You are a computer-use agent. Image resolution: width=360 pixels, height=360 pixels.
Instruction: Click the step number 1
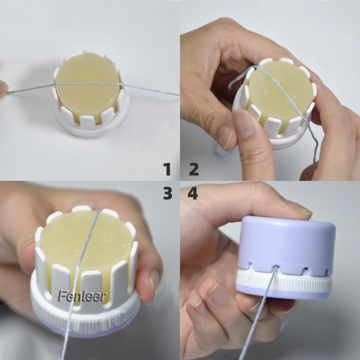point(167,170)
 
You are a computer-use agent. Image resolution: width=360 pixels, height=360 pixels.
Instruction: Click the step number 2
point(193,170)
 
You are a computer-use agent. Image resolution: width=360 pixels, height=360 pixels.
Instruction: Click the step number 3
point(167,193)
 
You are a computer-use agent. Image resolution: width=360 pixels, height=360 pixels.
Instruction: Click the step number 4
point(193,193)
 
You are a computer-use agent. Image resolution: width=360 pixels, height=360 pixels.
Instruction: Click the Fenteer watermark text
point(81,296)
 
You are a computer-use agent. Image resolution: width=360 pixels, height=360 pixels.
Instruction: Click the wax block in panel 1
point(87,94)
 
